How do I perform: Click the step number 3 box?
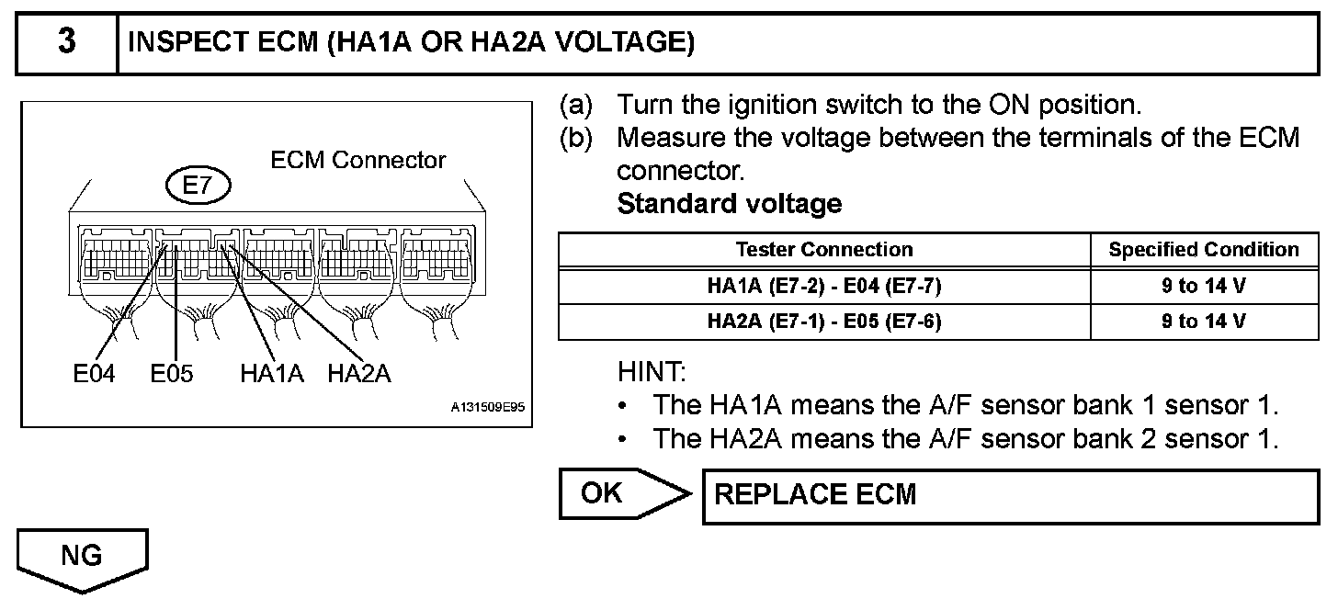coord(67,43)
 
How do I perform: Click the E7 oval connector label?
coord(198,186)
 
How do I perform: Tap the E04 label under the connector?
coord(95,374)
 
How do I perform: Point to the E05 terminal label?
coord(172,374)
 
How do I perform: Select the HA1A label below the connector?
coord(271,374)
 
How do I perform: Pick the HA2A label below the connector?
coord(359,374)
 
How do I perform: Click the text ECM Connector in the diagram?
coord(357,160)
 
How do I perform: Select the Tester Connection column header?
coord(824,250)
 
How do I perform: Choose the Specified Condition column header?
coord(1204,250)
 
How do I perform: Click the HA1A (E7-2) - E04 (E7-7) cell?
coord(824,286)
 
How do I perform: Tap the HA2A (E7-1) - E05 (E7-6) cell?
coord(824,322)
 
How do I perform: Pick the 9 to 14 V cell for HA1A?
coord(1204,286)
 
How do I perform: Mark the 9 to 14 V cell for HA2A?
coord(1204,322)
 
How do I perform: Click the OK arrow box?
coord(616,494)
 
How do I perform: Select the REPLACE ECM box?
coord(1011,495)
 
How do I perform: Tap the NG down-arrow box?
coord(82,559)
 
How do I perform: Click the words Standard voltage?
coord(729,203)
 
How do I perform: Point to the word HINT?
coord(652,373)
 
